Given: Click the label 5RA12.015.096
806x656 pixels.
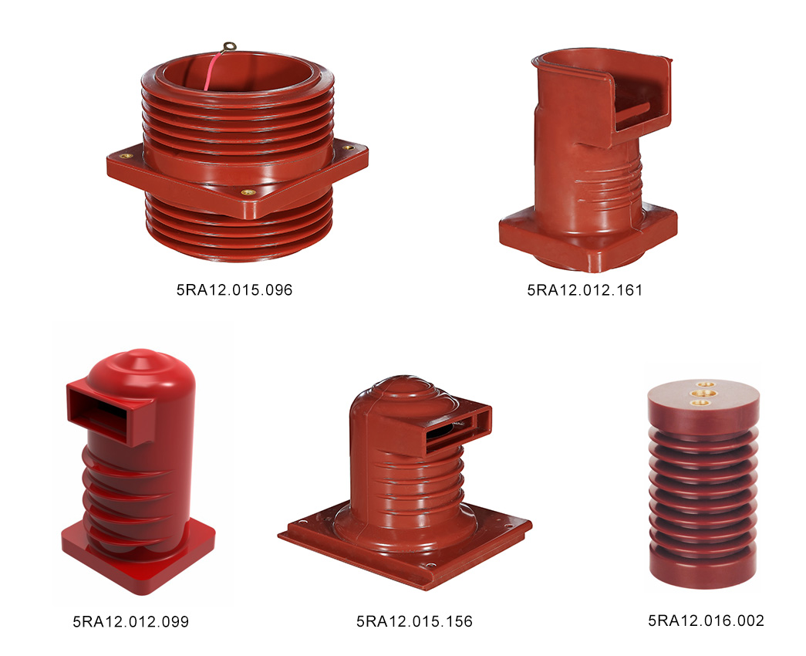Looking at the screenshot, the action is (234, 289).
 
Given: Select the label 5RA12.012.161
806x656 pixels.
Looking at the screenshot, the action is (585, 290).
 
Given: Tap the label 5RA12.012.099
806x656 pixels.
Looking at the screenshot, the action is (130, 621).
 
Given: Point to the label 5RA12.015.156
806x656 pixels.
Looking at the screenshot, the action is (414, 621).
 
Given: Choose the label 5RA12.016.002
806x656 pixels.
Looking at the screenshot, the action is (706, 620).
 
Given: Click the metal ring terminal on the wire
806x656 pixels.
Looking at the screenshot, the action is (230, 47).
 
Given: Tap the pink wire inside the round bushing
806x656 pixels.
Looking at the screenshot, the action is (213, 70).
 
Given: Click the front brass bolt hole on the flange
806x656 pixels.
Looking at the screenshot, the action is (248, 192).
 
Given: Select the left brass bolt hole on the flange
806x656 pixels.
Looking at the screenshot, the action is (126, 155).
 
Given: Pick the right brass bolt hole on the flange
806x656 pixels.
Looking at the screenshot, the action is (348, 147).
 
